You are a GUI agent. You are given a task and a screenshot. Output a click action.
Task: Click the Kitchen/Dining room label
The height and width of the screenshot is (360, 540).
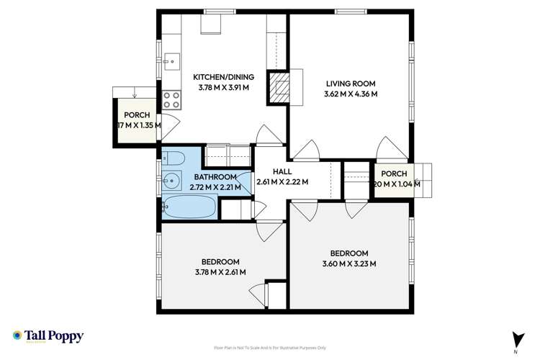tap(223, 77)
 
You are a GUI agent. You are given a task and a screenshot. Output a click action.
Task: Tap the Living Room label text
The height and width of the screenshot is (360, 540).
tap(351, 83)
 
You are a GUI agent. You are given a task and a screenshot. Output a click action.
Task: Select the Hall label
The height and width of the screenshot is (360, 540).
tap(282, 171)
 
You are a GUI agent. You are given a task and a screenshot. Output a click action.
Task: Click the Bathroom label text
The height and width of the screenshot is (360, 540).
tap(215, 177)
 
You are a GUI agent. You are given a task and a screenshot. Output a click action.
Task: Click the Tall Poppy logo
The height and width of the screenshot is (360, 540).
tap(48, 336)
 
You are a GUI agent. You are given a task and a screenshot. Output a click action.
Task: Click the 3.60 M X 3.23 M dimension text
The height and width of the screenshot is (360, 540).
tap(348, 264)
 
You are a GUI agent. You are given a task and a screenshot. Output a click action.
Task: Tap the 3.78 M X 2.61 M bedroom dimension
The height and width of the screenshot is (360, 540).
tap(220, 272)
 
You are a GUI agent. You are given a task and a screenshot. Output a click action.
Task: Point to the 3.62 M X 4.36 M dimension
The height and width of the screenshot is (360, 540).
tap(351, 94)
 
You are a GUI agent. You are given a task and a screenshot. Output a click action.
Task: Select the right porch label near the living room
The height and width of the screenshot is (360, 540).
tap(394, 174)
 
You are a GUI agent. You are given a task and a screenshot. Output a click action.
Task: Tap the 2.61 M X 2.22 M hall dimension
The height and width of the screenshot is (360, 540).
tap(282, 181)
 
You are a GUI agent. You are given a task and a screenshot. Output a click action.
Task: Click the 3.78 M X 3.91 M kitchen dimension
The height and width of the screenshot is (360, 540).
tap(223, 88)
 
